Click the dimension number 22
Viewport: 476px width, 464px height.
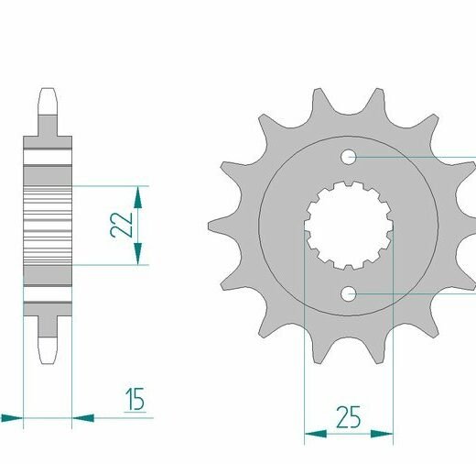(122, 225)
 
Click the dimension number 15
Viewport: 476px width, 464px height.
(135, 399)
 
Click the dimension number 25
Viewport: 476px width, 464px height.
(348, 417)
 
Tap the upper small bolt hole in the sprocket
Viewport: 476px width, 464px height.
(349, 157)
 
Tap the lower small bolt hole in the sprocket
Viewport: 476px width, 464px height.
(349, 294)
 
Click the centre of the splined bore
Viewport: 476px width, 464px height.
(349, 226)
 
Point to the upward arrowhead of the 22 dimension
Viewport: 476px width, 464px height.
(138, 197)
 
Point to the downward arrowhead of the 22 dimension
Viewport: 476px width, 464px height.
(138, 254)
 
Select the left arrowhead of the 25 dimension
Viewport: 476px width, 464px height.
(316, 434)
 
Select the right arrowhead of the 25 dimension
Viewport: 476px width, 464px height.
(382, 434)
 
